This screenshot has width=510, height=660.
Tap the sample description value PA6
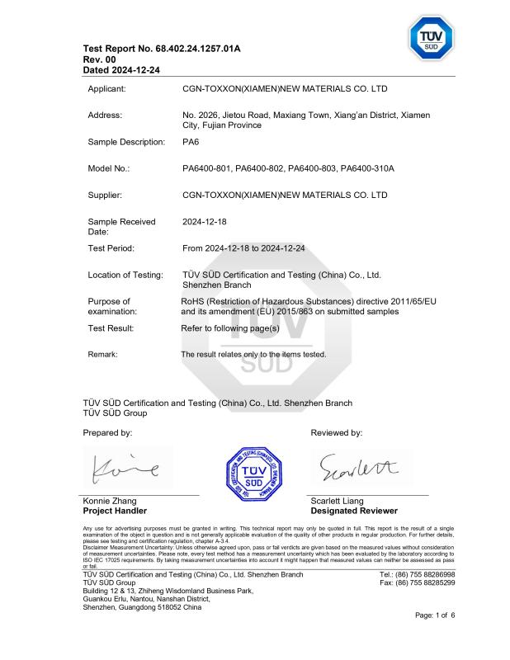[x=189, y=142]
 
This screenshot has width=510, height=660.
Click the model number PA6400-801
[x=206, y=169]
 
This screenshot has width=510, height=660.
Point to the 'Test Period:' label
[x=111, y=247]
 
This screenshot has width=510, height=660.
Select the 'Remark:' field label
[x=103, y=354]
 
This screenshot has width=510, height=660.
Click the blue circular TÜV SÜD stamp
[x=254, y=473]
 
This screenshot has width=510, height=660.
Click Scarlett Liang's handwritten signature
[x=357, y=468]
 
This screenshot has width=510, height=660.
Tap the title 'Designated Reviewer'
[x=353, y=511]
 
